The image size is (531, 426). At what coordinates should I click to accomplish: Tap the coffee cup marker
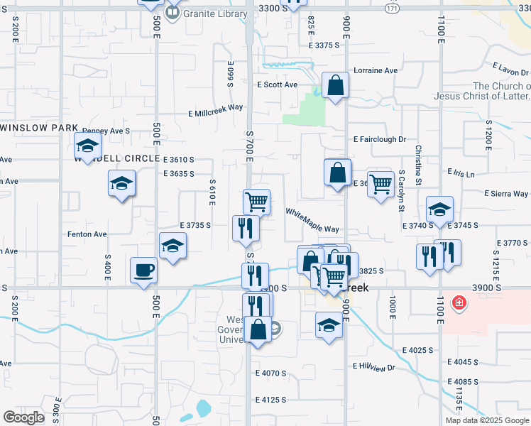[x=144, y=271]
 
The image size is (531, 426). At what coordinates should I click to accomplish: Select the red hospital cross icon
[x=460, y=303]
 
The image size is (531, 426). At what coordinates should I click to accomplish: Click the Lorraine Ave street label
[x=376, y=71]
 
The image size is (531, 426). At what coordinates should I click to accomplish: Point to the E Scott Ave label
[x=278, y=84]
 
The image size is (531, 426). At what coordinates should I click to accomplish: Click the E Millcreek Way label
[x=216, y=111]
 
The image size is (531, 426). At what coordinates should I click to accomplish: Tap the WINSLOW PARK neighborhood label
[x=39, y=128]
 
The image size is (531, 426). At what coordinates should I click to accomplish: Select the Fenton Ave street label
[x=87, y=234]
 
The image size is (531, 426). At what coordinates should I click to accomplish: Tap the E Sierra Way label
[x=506, y=193]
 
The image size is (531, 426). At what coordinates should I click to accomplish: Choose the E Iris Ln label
[x=461, y=173]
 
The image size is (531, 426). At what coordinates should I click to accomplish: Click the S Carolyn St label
[x=401, y=191]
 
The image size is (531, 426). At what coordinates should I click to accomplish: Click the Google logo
[x=24, y=417]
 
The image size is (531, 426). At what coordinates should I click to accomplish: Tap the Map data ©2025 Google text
[x=487, y=420]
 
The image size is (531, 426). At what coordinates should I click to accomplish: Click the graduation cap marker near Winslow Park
[x=87, y=146]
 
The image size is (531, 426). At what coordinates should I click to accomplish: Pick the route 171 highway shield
[x=393, y=8]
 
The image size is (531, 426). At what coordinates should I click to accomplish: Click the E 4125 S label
[x=270, y=400]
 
